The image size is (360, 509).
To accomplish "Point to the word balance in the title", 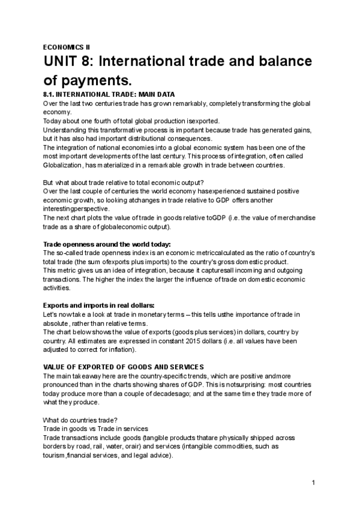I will click(x=265, y=62).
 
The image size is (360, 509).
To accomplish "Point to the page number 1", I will click(x=313, y=483).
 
